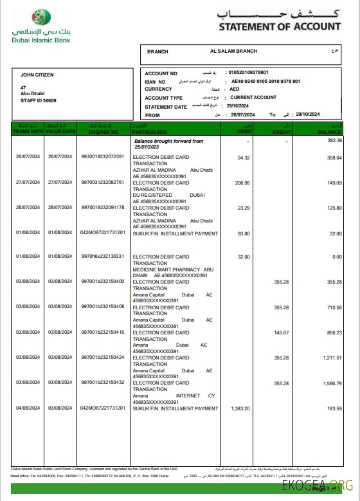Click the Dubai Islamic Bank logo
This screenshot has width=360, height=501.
[x=41, y=26]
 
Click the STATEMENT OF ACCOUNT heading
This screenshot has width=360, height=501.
[x=280, y=26]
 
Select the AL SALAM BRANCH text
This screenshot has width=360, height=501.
[x=233, y=51]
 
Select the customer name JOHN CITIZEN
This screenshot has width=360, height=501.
[x=37, y=75]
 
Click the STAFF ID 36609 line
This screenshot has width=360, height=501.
[x=39, y=100]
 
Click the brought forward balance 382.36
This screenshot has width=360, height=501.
[x=334, y=140]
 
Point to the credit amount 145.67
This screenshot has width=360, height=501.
[x=281, y=332]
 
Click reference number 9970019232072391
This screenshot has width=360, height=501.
[x=102, y=157]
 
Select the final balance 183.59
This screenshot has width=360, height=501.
[x=334, y=408]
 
